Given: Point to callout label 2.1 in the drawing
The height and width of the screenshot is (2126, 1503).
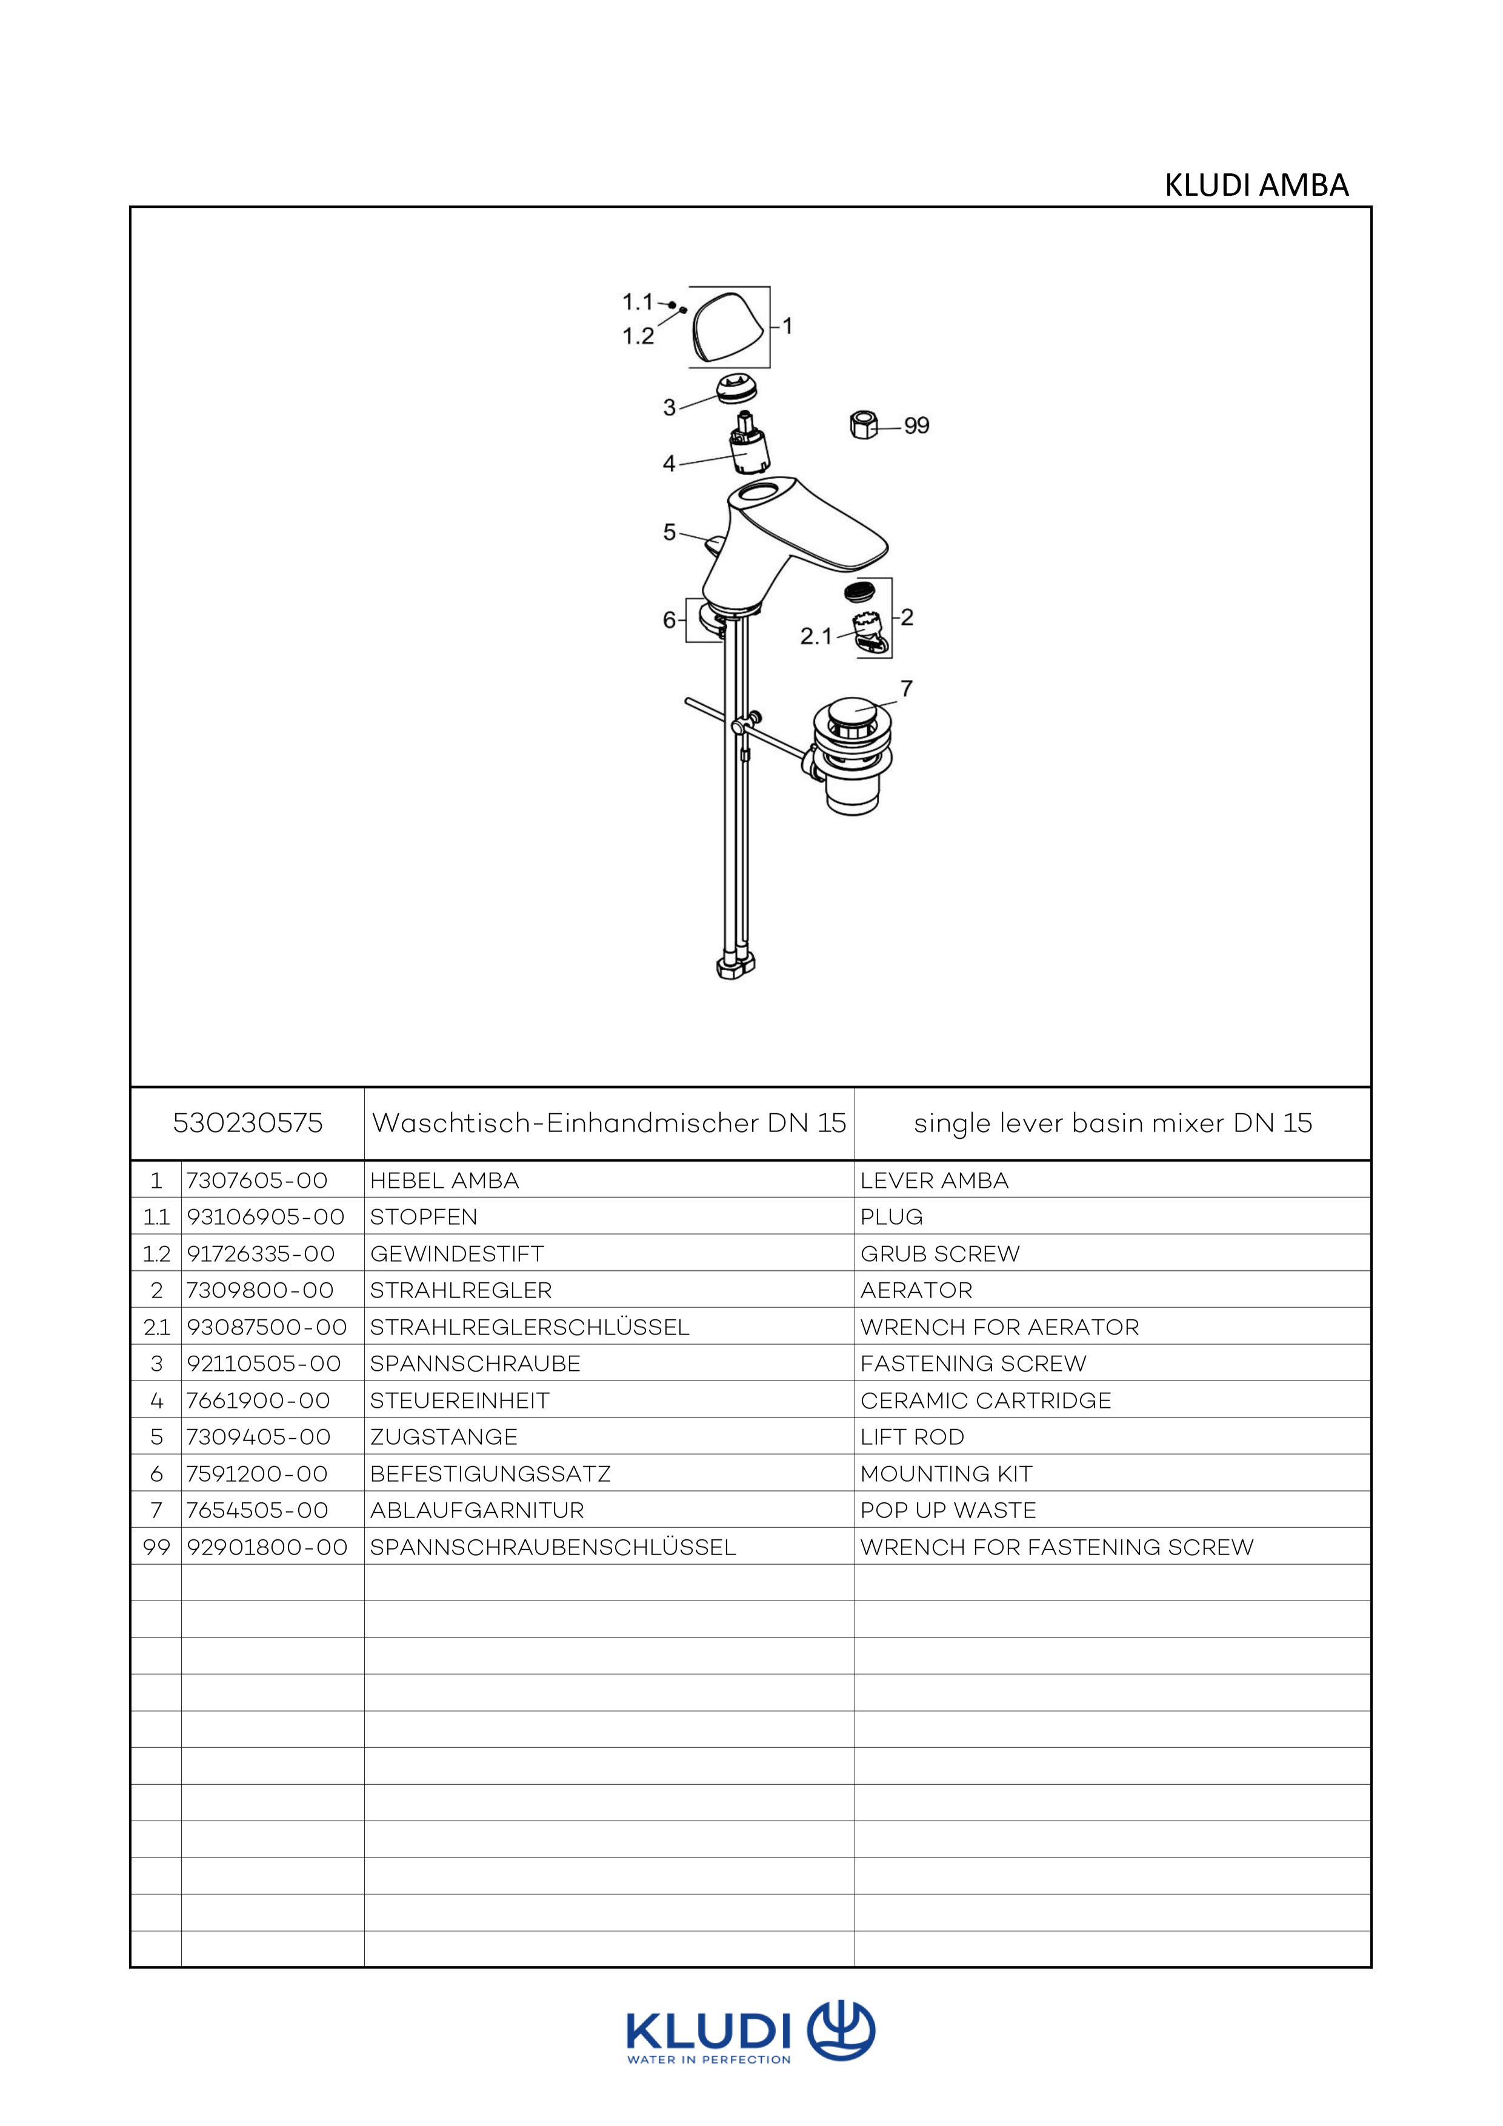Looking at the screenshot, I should click(816, 636).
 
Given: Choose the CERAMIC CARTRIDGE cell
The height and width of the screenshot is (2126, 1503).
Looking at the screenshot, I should click(985, 1400).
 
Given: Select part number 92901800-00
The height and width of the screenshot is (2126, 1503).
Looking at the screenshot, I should click(267, 1547).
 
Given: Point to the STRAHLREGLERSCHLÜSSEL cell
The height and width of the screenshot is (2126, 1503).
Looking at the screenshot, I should click(529, 1327).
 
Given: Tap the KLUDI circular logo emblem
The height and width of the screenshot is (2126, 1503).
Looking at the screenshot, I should click(841, 2031).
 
